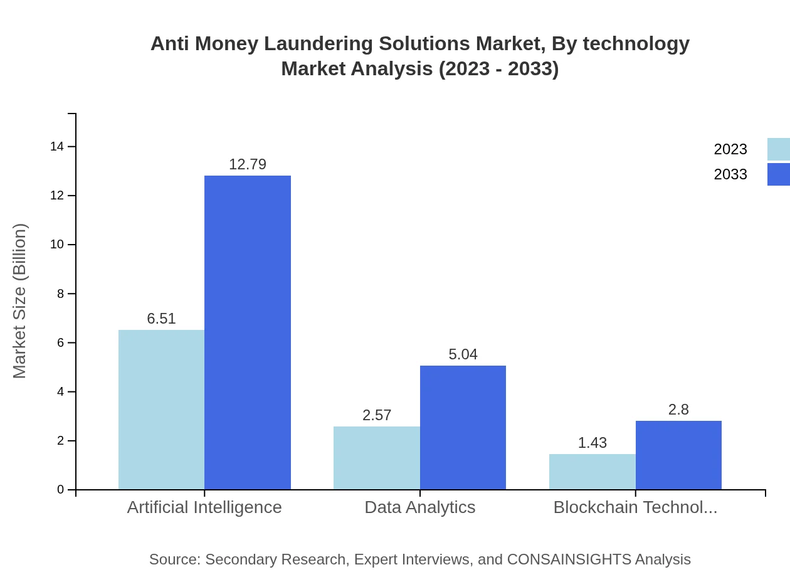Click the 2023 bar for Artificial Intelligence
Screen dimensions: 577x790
(161, 410)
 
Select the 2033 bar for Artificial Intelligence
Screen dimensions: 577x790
(248, 332)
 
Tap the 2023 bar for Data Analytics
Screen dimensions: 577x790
(377, 458)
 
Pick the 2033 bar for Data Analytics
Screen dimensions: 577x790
(463, 428)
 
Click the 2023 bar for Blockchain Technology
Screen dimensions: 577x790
(592, 472)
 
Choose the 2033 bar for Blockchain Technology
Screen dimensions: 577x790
(678, 455)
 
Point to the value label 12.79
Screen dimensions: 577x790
(248, 164)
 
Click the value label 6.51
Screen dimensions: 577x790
(161, 319)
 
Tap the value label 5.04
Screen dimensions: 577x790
(463, 354)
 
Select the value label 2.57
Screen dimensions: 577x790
(377, 415)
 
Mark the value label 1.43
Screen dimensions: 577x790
(592, 443)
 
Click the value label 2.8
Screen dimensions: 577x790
(678, 410)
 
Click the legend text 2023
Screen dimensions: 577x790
(730, 149)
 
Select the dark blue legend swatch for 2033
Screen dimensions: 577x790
(779, 174)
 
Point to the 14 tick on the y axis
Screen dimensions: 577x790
(57, 147)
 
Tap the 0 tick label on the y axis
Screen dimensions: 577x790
(60, 490)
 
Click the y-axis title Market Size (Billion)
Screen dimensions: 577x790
(19, 301)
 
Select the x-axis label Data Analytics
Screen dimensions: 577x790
(420, 507)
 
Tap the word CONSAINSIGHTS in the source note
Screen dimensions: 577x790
(569, 559)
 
